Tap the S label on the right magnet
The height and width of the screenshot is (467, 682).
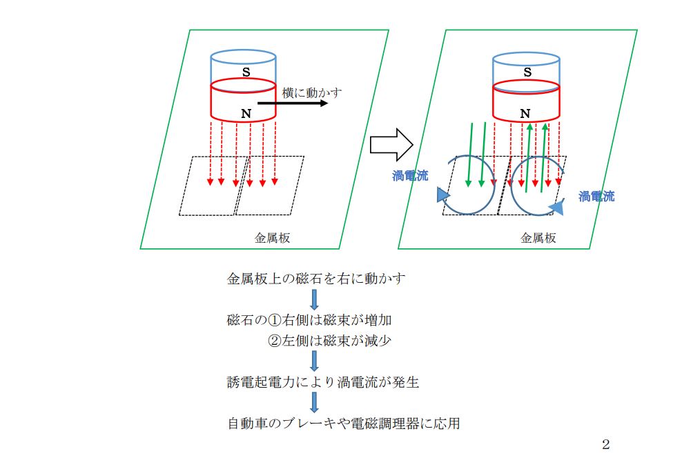click(527, 71)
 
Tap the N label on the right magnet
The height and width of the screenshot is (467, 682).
click(525, 112)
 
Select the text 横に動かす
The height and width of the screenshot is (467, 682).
click(312, 91)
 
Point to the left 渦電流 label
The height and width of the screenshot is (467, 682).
click(410, 177)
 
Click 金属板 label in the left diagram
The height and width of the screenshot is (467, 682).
click(272, 238)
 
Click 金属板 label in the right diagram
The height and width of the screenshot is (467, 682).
click(538, 238)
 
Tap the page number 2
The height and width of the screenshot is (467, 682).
click(605, 445)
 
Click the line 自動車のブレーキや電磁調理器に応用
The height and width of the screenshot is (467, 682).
click(343, 423)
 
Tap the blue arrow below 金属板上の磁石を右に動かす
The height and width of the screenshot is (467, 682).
click(315, 299)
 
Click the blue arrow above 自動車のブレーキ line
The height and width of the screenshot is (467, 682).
click(315, 402)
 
